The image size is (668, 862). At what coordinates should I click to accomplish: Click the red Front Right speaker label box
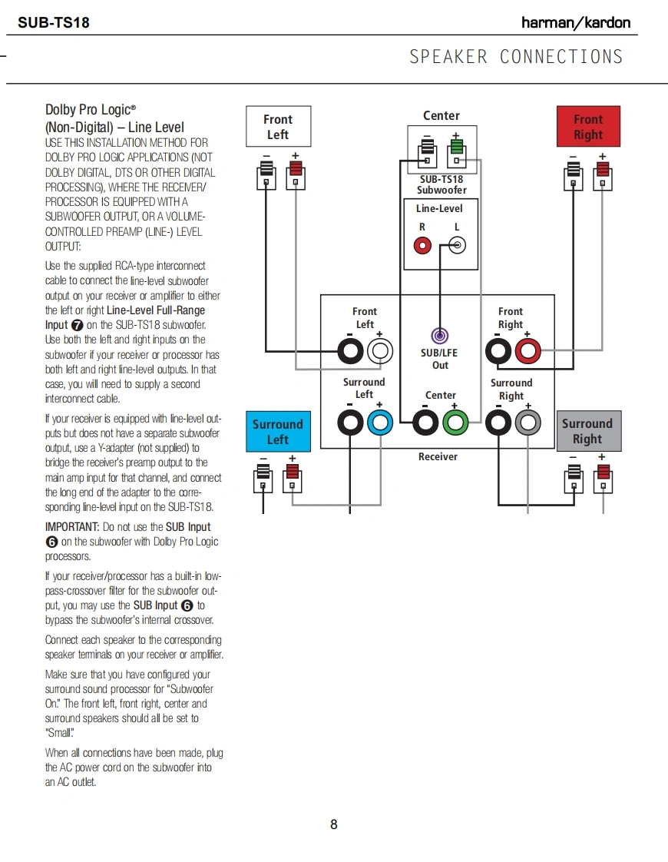[588, 127]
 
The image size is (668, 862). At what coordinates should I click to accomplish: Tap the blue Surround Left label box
[278, 432]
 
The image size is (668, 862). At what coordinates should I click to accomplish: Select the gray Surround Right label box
[587, 431]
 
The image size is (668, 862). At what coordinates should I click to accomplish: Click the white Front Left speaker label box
[278, 127]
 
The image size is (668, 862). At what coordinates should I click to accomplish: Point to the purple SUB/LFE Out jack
[440, 336]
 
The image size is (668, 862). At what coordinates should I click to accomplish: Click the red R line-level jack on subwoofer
[422, 246]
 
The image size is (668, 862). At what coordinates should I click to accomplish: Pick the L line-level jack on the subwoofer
[457, 246]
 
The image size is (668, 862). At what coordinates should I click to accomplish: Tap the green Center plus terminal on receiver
[455, 422]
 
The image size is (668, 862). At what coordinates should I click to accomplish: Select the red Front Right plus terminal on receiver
[527, 352]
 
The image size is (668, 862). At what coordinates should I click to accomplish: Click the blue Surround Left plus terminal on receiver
[380, 422]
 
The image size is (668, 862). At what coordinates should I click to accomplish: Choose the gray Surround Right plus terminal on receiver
[527, 422]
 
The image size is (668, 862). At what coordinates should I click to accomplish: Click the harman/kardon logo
[576, 22]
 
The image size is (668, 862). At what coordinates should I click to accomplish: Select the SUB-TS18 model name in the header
[54, 22]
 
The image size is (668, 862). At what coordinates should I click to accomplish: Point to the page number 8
[334, 824]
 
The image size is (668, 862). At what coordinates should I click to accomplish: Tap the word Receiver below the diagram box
[438, 456]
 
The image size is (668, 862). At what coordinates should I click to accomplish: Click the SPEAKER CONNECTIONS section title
[516, 57]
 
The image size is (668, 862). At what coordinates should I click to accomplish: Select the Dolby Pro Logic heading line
[91, 111]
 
